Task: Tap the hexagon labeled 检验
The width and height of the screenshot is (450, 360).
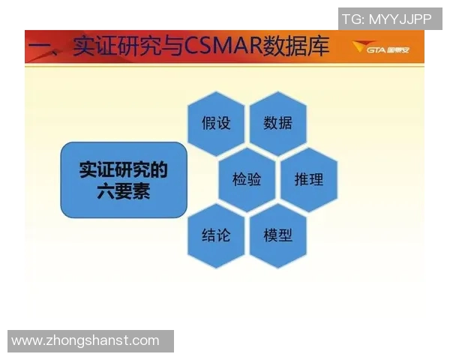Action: (247, 179)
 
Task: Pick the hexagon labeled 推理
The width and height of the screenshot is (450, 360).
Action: (309, 179)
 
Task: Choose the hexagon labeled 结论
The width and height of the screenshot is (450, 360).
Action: (216, 235)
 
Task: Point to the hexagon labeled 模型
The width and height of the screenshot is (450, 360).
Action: (278, 235)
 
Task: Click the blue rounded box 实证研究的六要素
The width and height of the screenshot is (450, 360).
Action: (123, 180)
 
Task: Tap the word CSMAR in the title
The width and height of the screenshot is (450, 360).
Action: (220, 46)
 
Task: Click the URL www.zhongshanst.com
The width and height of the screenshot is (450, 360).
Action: (85, 340)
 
